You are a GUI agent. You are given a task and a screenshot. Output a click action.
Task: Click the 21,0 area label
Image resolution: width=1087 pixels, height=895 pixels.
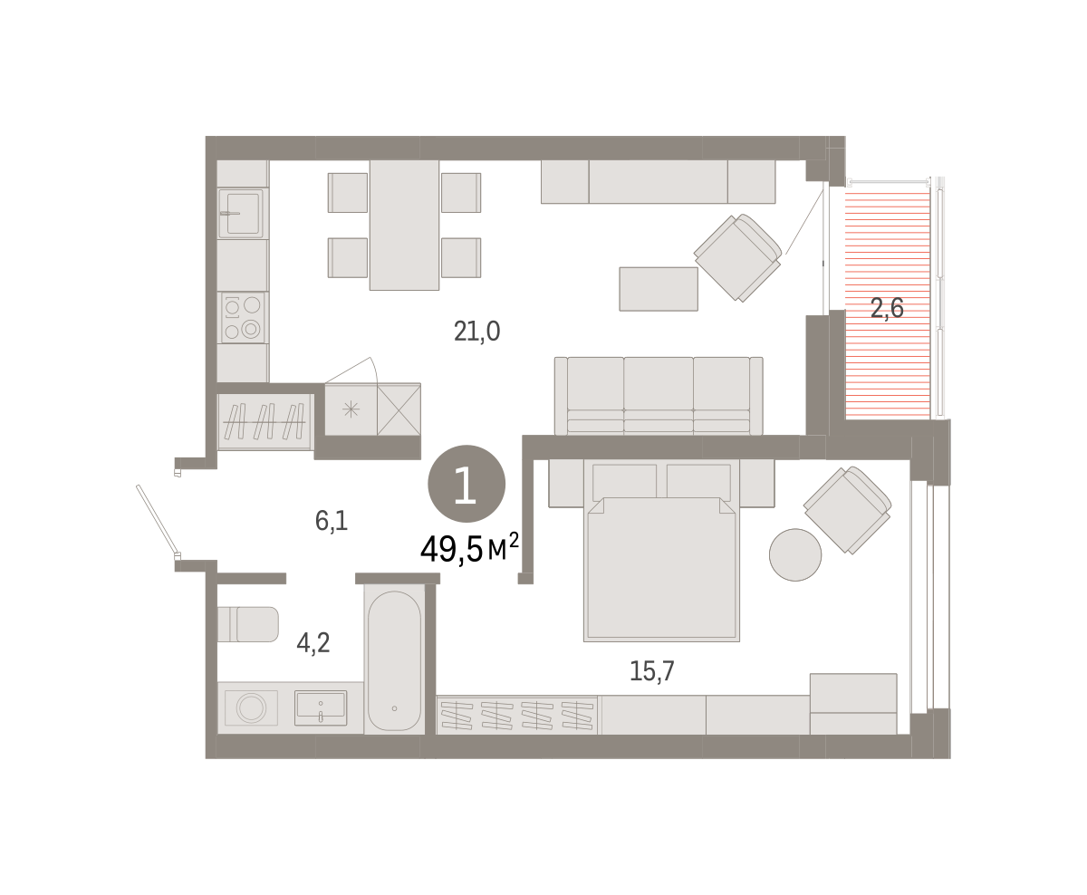(x=476, y=332)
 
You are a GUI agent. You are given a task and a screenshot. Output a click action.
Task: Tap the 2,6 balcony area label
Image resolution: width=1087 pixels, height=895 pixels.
(x=887, y=308)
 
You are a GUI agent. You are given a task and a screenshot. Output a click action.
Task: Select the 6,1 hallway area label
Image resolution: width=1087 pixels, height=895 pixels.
(x=332, y=521)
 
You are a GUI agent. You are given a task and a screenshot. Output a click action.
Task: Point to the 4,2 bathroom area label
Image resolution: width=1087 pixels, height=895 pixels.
(x=313, y=643)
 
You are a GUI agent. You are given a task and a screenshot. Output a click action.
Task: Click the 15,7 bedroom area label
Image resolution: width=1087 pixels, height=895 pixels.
(x=652, y=670)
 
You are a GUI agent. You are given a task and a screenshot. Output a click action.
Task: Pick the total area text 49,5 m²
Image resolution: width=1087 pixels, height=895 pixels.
(x=469, y=548)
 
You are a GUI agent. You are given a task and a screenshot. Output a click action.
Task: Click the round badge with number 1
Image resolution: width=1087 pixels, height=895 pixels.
(x=467, y=484)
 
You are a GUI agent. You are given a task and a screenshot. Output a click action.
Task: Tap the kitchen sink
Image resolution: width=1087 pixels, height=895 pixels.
(x=241, y=213)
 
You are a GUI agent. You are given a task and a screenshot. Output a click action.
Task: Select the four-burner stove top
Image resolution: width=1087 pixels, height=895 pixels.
(x=242, y=318)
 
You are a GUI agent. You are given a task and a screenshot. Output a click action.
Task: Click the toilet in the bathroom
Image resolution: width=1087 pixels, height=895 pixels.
(x=248, y=624)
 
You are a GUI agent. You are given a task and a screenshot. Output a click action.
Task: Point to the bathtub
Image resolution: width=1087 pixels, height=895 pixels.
(x=394, y=659)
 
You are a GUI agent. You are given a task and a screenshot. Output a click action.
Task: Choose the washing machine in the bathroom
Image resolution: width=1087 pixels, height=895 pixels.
(x=251, y=707)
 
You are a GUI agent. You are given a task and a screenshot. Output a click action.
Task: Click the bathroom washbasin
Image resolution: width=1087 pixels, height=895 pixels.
(x=321, y=707)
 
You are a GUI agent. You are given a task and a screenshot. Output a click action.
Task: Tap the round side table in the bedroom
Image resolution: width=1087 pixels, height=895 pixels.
(x=795, y=554)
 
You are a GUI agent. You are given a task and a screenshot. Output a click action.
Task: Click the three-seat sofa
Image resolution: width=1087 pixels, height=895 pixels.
(x=659, y=396)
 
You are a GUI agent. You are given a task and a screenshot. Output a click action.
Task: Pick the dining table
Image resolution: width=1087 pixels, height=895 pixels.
(x=404, y=225)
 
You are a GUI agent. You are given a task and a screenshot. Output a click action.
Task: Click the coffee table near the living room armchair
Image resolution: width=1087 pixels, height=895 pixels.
(x=659, y=289)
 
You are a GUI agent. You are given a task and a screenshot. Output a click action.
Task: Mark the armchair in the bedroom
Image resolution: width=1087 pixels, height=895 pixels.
(x=848, y=510)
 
